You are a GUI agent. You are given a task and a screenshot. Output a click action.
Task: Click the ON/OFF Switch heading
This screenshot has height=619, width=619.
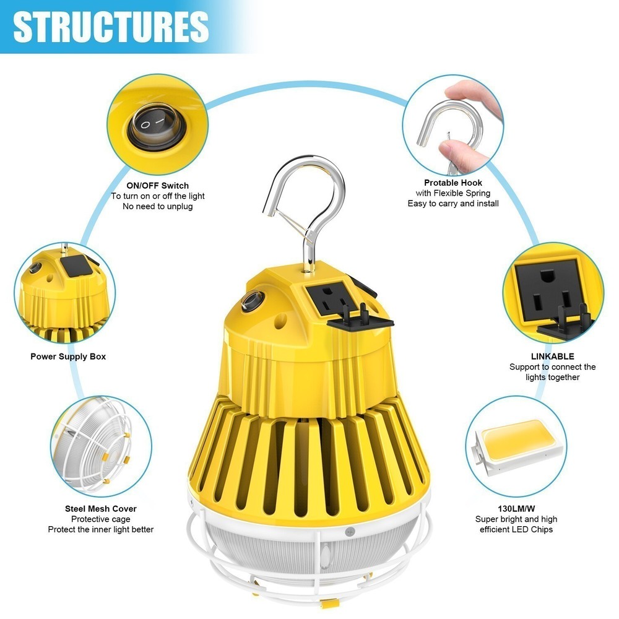point(157,185)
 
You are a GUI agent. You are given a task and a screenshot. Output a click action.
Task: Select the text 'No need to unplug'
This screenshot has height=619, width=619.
point(157,206)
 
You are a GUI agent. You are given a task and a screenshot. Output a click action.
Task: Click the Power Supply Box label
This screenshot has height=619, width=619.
point(68,357)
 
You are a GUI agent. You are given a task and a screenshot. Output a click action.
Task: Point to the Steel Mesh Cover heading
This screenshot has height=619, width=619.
point(101,508)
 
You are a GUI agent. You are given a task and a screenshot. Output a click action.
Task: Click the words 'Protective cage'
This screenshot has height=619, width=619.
point(101,519)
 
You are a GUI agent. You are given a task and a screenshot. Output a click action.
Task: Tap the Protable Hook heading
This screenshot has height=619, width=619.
point(453,183)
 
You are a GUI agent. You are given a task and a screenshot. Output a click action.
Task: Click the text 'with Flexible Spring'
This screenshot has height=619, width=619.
point(453,193)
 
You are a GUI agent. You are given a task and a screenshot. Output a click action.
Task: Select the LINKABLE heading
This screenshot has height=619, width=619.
point(552,357)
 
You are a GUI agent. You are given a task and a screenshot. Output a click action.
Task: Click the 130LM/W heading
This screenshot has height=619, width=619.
point(516,508)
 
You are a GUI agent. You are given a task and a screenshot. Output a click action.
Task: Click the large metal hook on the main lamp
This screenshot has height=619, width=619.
point(303,198)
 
